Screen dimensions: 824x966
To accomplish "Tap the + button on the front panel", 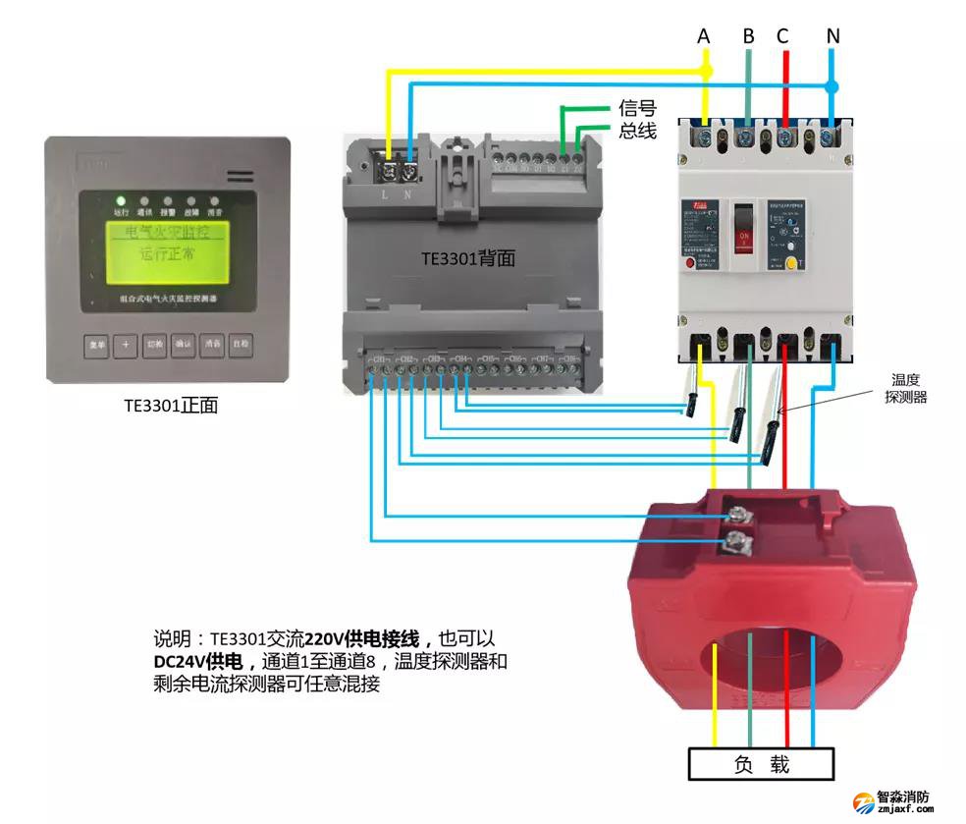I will click(125, 345).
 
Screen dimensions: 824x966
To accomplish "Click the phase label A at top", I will click(704, 36).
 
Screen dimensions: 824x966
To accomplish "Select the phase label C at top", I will click(782, 36).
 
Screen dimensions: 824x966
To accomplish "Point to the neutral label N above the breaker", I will click(832, 36).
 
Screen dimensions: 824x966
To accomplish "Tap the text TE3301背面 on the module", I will click(468, 259).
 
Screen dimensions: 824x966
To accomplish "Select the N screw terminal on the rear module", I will click(409, 172).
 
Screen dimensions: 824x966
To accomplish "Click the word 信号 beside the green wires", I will click(637, 109).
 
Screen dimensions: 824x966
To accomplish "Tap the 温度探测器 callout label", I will click(905, 388).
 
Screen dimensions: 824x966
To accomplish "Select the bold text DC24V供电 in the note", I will click(198, 662).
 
